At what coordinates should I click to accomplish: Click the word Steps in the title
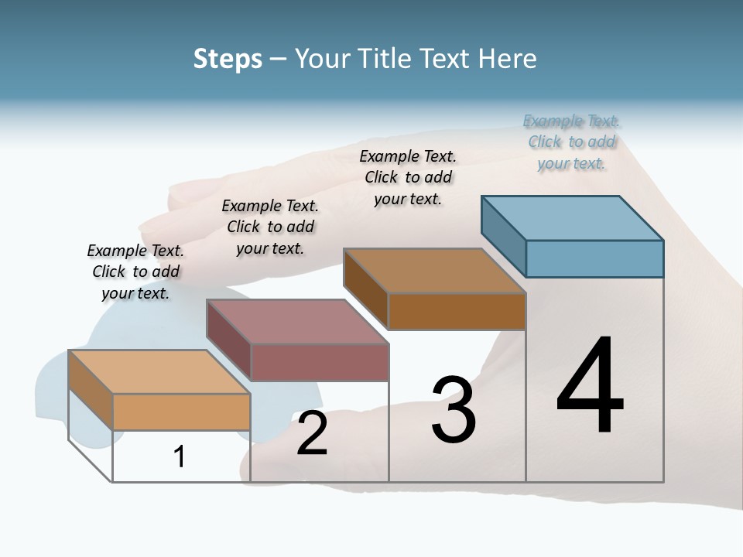point(228,60)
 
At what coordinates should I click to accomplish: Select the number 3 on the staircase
point(454,410)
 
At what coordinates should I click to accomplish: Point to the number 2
point(312,433)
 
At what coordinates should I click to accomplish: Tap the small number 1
point(180,457)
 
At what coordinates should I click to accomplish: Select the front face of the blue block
point(594,258)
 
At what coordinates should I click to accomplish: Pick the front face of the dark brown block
point(457,311)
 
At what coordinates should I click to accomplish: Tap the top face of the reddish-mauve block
point(297,321)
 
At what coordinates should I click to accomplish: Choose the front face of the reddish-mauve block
point(319,362)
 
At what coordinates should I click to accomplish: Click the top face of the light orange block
point(159,372)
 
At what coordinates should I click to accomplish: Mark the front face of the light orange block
point(181,412)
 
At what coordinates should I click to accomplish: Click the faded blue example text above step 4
point(571,142)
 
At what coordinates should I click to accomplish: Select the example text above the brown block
point(408,177)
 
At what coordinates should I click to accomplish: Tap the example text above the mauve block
point(270,227)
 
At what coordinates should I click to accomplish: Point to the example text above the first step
point(135,272)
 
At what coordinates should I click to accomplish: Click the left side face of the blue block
point(503,231)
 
